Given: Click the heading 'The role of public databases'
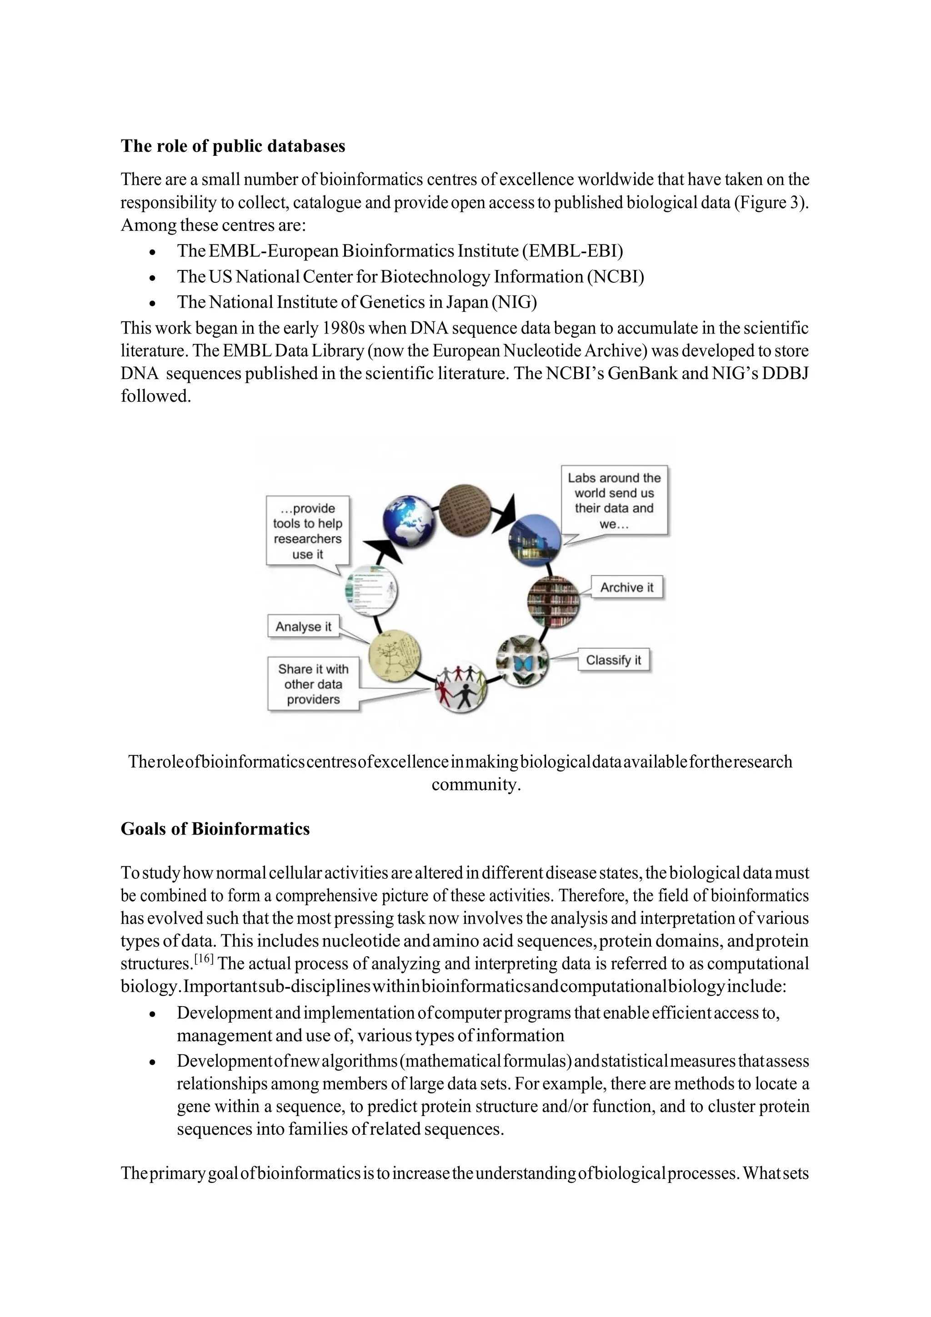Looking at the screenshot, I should [x=233, y=146].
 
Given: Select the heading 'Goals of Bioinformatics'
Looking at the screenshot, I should [x=215, y=829].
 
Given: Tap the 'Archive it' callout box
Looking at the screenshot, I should [x=626, y=587].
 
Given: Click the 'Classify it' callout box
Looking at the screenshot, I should [x=613, y=660].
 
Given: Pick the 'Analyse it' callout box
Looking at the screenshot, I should [x=304, y=626].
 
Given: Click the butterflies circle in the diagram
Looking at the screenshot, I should [x=522, y=661].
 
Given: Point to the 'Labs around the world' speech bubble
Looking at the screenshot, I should [x=614, y=501].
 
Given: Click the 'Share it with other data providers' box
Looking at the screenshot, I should [x=313, y=684].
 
